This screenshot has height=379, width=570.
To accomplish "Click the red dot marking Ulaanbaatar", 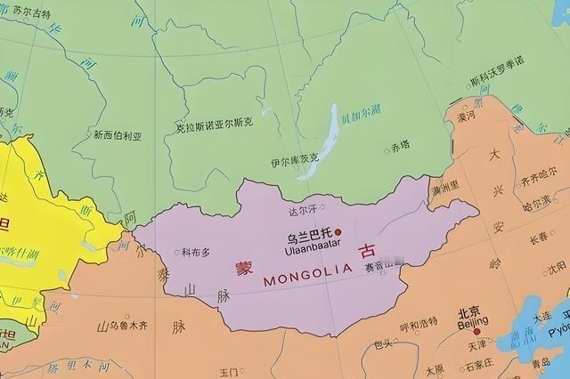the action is point(338,233).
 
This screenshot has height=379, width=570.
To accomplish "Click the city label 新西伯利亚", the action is point(117,135).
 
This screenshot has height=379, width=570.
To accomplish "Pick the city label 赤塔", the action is point(400,146).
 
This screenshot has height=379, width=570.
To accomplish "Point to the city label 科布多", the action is point(196,252).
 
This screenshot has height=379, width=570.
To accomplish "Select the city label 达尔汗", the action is point(303,214).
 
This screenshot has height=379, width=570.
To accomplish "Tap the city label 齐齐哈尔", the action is point(539,180).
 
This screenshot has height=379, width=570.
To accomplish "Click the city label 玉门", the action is point(229,372).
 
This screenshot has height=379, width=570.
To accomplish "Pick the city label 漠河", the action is point(467,117).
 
